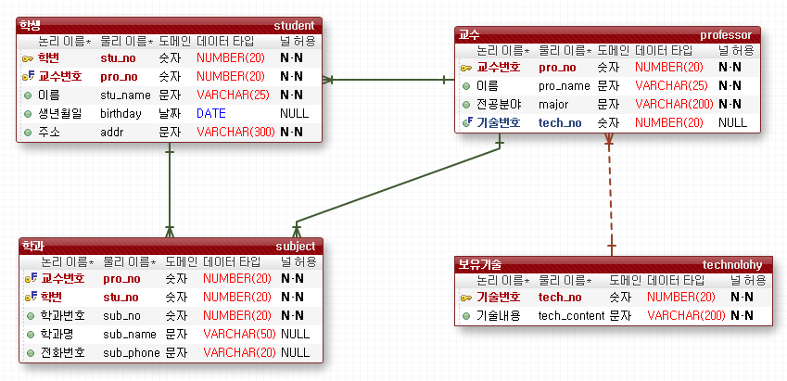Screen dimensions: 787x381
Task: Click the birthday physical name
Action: click(121, 113)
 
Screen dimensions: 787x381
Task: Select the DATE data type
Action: click(210, 113)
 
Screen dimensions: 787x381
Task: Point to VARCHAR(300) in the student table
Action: click(235, 132)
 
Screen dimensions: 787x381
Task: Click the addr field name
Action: click(111, 132)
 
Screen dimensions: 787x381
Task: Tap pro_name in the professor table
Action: click(563, 85)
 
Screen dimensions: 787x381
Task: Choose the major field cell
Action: click(553, 104)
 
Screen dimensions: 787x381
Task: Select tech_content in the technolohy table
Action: click(570, 315)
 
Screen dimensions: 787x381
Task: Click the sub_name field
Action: click(130, 334)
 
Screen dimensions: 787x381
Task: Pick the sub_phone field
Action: click(132, 352)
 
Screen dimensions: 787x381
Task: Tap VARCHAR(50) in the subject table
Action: click(239, 334)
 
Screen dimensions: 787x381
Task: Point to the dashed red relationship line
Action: click(610, 195)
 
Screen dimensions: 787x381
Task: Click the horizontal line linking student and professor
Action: click(389, 79)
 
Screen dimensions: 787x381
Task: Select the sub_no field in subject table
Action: click(121, 315)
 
